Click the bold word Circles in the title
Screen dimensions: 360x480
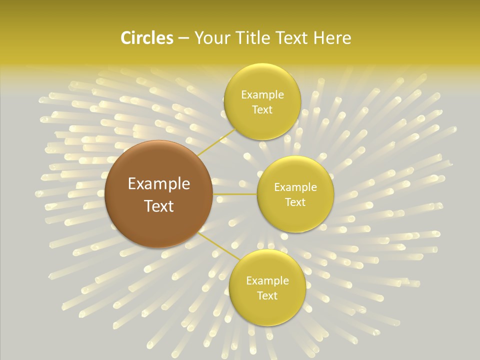[x=146, y=38]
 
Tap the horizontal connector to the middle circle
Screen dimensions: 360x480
[x=235, y=194]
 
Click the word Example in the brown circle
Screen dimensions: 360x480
[x=159, y=184]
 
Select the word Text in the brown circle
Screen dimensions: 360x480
[x=159, y=206]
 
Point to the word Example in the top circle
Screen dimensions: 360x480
[x=262, y=95]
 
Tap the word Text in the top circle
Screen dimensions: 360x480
[x=262, y=110]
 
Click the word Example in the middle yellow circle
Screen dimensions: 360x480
[x=295, y=187]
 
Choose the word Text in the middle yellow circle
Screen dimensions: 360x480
[x=295, y=202]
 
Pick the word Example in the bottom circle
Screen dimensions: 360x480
[x=267, y=281]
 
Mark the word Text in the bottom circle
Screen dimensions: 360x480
[x=267, y=296]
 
